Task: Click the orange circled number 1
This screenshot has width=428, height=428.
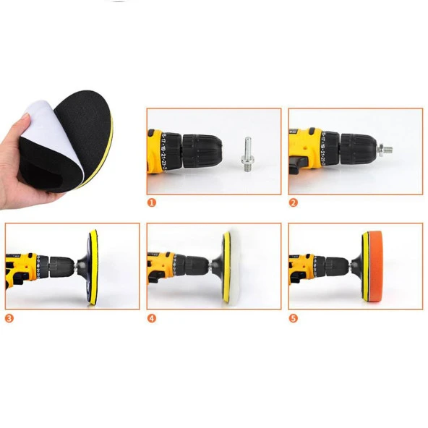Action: pyautogui.click(x=152, y=203)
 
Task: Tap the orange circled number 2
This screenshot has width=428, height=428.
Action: pyautogui.click(x=293, y=203)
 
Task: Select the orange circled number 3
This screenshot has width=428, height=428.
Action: pyautogui.click(x=9, y=317)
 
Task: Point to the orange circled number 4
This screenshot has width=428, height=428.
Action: pyautogui.click(x=152, y=317)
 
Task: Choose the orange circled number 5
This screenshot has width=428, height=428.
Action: pyautogui.click(x=293, y=317)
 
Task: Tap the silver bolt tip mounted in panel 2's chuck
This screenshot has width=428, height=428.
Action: pyautogui.click(x=385, y=150)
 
